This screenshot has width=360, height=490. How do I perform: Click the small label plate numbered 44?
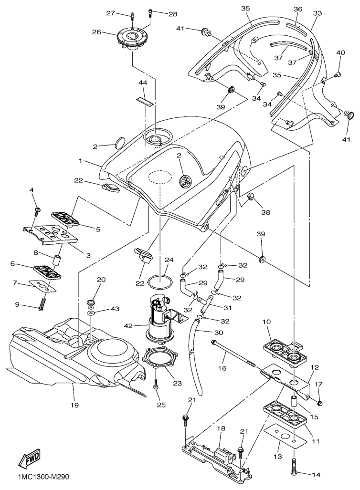tap(145, 101)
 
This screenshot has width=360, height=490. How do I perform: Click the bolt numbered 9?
tap(42, 303)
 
